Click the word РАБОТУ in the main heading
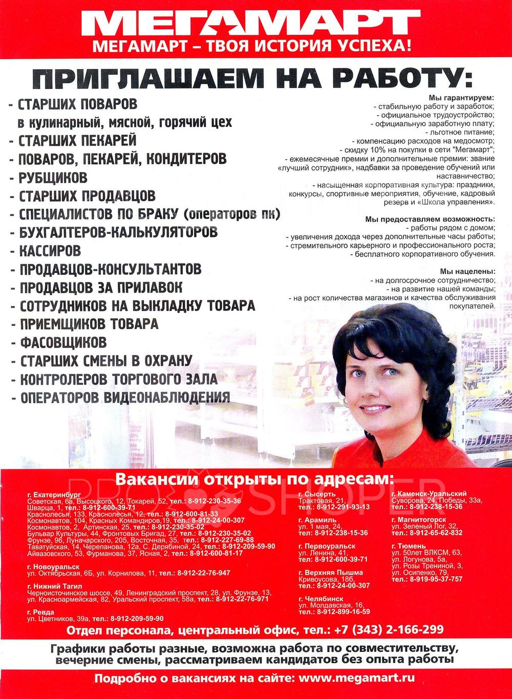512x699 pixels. point(404,78)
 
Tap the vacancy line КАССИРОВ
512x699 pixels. point(50,251)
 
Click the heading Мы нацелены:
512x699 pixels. point(467,271)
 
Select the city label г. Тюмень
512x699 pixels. point(408,546)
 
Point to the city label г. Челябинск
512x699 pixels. point(321,598)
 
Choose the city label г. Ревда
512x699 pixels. point(40,612)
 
